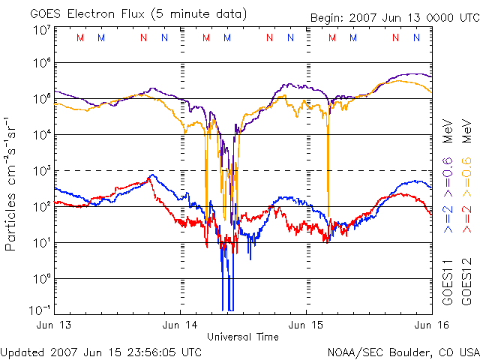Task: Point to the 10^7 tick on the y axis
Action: [x=41, y=31]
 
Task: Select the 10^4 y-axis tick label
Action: [x=41, y=135]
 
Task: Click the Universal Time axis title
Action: [x=242, y=337]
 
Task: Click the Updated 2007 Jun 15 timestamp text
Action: [x=101, y=351]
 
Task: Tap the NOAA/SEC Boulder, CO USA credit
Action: [x=403, y=351]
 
